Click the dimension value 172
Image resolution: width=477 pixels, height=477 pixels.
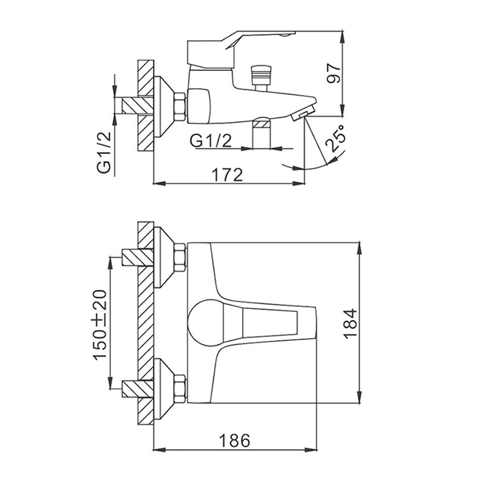click(x=228, y=174)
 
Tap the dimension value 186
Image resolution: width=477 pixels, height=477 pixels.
click(x=234, y=440)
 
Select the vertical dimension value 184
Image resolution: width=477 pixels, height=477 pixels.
click(x=350, y=324)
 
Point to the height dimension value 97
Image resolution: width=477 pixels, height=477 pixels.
click(x=334, y=73)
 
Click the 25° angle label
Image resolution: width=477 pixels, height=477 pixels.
click(x=336, y=138)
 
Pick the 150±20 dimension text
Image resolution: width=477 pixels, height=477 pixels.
click(x=100, y=325)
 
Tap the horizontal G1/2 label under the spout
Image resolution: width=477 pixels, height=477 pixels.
click(x=210, y=141)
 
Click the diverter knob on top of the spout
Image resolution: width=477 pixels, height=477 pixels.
click(x=261, y=78)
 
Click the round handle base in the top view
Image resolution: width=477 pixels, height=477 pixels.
click(x=206, y=323)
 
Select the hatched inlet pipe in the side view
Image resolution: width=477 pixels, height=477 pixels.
click(x=138, y=106)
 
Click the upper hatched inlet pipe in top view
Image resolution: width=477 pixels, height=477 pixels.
click(x=138, y=257)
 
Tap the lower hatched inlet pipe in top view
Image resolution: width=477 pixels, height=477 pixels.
click(x=138, y=389)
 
